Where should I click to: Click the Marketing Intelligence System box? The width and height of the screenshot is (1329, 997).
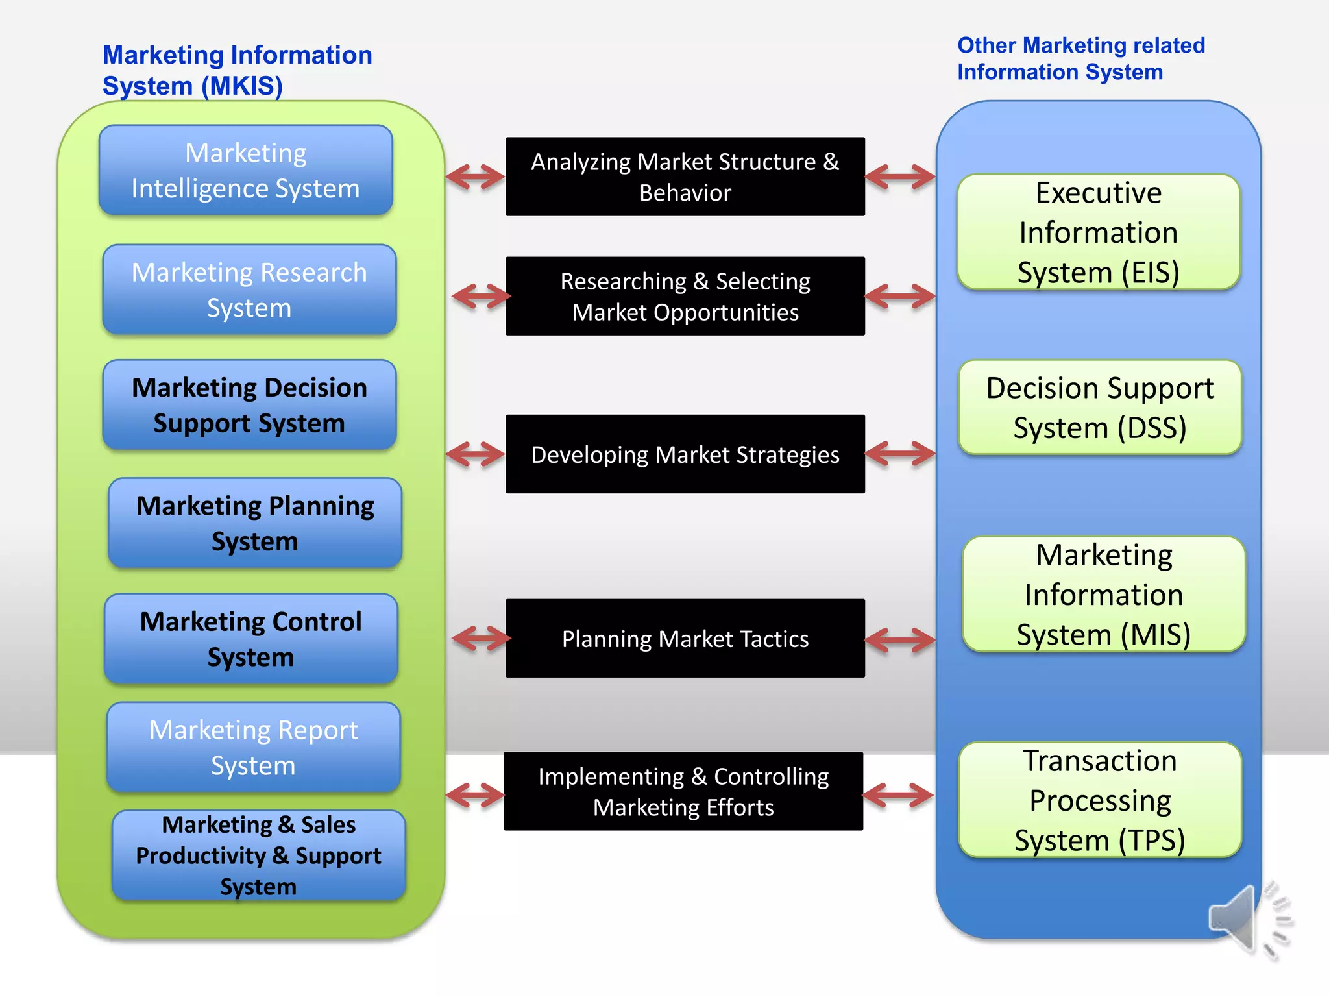click(245, 170)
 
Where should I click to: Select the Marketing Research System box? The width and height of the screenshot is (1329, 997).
click(249, 289)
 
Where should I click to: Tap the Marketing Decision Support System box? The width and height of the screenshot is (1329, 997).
click(249, 405)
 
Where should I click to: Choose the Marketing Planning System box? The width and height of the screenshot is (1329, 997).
click(255, 523)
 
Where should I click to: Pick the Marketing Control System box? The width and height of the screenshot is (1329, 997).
click(250, 639)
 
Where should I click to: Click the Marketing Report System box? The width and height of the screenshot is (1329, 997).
click(253, 747)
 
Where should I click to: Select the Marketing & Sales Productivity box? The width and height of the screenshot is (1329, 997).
click(258, 855)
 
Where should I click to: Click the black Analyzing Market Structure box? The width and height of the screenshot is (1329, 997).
click(685, 177)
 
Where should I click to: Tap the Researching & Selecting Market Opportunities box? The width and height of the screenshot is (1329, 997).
click(685, 296)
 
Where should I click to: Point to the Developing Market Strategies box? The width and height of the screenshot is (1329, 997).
click(685, 454)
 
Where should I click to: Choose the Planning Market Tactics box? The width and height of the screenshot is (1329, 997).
click(685, 639)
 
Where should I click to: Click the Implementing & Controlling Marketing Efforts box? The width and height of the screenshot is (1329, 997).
click(683, 791)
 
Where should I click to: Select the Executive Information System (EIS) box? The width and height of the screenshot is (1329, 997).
click(1098, 232)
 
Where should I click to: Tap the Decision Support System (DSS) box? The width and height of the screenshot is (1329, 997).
click(1099, 408)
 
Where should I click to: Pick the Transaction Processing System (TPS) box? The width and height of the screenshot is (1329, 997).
click(1099, 800)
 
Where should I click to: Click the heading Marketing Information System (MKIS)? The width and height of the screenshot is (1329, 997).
click(237, 70)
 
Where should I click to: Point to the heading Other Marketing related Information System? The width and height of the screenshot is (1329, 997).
click(1080, 58)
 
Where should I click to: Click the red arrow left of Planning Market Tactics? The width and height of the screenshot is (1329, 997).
click(481, 639)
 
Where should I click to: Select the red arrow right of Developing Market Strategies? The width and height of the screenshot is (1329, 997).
click(900, 454)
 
